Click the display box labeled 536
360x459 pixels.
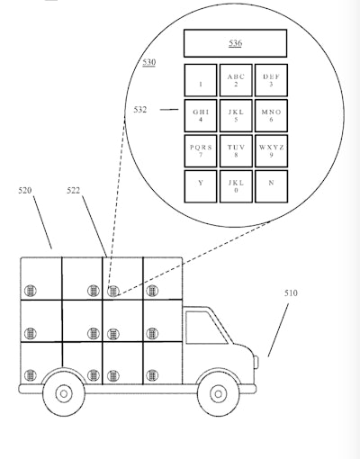click(x=235, y=42)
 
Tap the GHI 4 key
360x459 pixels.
click(x=200, y=116)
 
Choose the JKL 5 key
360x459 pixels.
click(x=236, y=116)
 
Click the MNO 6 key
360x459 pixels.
click(x=271, y=116)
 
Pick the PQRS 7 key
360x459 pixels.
click(x=200, y=150)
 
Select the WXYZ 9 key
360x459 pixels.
click(x=271, y=150)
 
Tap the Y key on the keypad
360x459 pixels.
click(x=200, y=185)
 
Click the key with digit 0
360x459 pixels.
click(x=236, y=185)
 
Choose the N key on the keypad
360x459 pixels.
click(x=271, y=185)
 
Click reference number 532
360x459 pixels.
click(x=140, y=111)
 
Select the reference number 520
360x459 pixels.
click(x=26, y=191)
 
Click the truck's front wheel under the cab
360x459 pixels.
click(x=218, y=392)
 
